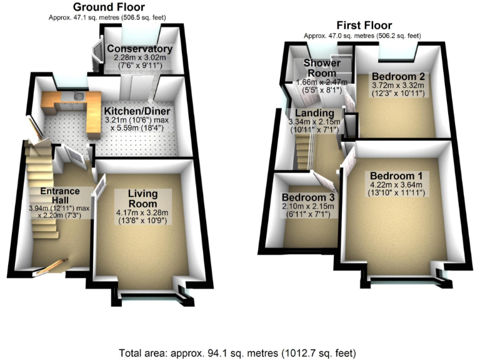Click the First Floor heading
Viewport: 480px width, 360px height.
364,26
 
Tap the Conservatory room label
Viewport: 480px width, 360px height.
139,49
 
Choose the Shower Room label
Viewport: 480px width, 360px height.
322,68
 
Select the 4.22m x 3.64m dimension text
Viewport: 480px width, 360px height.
396,184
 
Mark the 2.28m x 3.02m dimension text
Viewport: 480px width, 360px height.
139,57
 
